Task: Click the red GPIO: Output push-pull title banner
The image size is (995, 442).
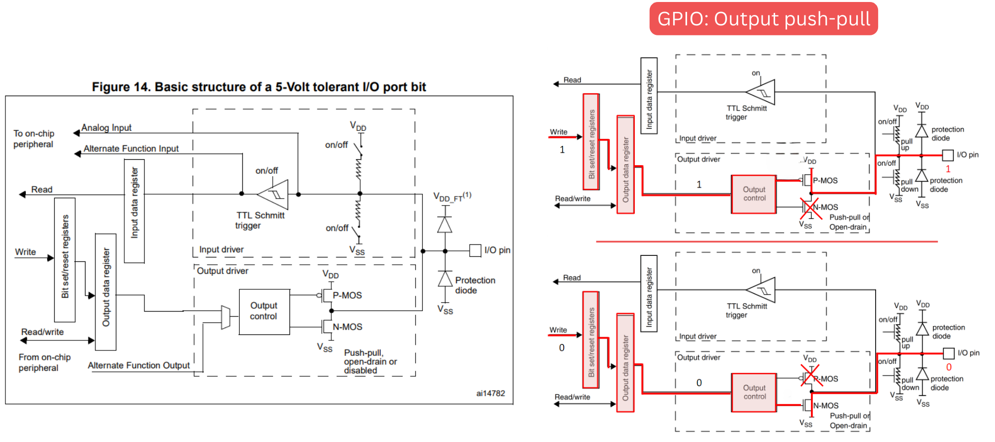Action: click(x=763, y=19)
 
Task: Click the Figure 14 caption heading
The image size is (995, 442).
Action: click(x=259, y=87)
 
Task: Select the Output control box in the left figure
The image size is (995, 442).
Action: click(x=264, y=311)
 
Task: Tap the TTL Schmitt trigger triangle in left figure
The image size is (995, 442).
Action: click(x=274, y=194)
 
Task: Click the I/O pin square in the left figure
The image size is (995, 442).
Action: click(x=475, y=250)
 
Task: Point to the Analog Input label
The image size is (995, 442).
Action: click(x=106, y=128)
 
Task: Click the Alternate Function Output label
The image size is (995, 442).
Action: click(x=139, y=365)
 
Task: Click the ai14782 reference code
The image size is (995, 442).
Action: click(x=490, y=393)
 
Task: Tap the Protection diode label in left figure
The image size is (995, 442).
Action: click(x=475, y=285)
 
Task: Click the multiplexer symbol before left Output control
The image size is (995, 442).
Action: click(x=225, y=317)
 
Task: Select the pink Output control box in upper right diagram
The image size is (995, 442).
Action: click(x=754, y=194)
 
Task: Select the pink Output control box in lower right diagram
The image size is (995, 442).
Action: click(x=754, y=392)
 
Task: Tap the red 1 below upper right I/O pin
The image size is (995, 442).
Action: click(x=948, y=169)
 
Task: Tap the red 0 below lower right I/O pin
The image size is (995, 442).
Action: click(x=949, y=367)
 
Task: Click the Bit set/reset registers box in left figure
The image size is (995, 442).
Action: click(x=65, y=259)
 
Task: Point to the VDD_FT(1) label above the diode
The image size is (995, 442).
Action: click(x=452, y=197)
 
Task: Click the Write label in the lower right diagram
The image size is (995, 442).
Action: click(x=558, y=330)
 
